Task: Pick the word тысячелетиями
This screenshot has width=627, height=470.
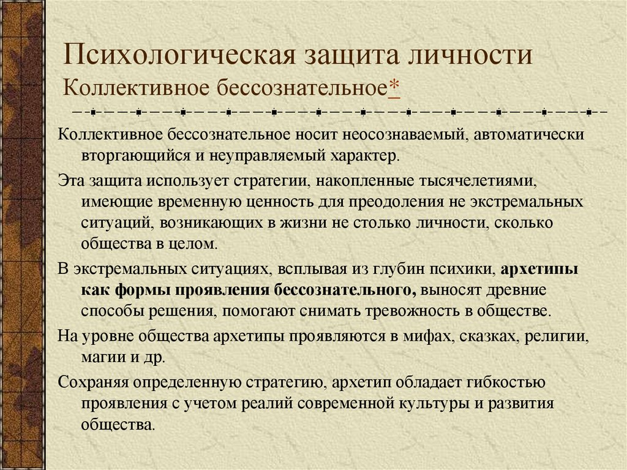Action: (x=476, y=181)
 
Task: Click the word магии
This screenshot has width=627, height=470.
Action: (x=102, y=357)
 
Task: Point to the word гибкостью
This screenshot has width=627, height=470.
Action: (x=506, y=384)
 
